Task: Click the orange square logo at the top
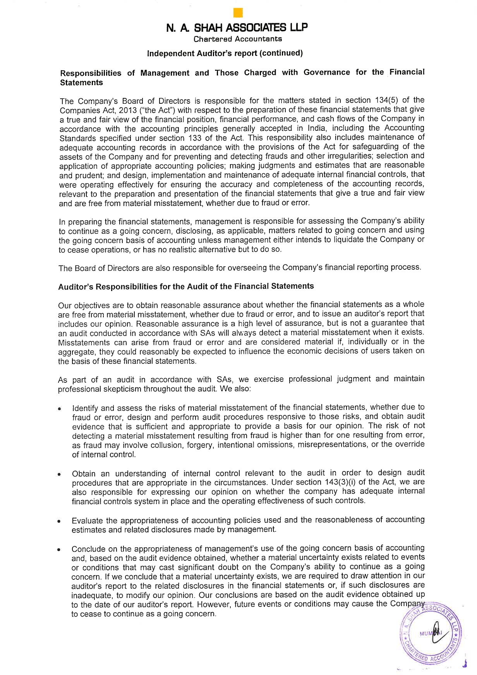(238, 13)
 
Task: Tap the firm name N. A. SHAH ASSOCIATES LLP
(237, 27)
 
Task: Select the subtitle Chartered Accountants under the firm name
(237, 39)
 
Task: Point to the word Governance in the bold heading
(326, 72)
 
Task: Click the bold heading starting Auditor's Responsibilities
(186, 286)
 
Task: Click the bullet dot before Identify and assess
(60, 409)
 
